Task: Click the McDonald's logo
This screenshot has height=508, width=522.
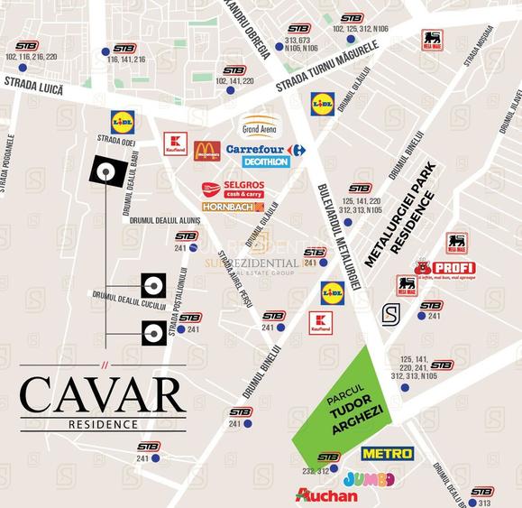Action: (x=206, y=151)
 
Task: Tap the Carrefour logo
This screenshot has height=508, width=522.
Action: (x=265, y=150)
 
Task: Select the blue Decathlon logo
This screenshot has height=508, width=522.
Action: (x=266, y=162)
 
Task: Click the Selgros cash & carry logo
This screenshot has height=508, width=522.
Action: (x=233, y=189)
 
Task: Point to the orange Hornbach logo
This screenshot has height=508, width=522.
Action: (x=233, y=208)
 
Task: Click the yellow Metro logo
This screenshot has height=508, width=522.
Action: (x=387, y=453)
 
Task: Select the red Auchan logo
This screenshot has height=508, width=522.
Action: (x=326, y=495)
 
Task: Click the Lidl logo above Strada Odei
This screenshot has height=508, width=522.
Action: (x=123, y=120)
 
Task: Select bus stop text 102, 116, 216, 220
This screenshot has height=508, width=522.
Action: (x=31, y=56)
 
